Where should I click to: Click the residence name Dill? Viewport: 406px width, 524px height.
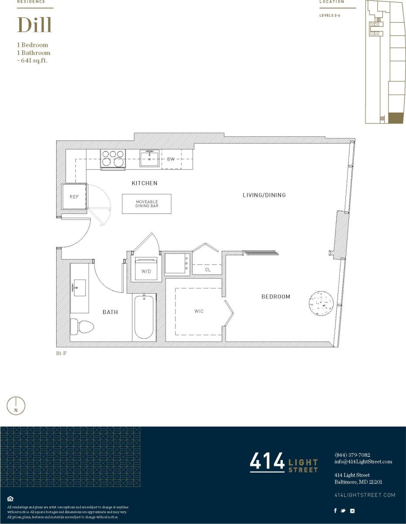tap(34, 25)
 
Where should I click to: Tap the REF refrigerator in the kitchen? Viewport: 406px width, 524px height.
tap(74, 197)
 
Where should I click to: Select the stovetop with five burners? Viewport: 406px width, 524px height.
tap(113, 158)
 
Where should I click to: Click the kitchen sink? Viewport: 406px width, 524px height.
tap(149, 158)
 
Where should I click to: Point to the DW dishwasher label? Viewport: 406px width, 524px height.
tap(171, 159)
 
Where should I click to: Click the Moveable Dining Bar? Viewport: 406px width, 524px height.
tap(146, 204)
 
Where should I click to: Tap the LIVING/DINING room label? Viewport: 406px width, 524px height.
tap(264, 195)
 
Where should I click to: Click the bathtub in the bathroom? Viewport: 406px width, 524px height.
tap(144, 317)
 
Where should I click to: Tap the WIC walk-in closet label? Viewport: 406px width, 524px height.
tap(199, 311)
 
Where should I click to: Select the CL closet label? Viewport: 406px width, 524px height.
tap(208, 270)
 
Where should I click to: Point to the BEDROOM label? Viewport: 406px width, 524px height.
tap(275, 297)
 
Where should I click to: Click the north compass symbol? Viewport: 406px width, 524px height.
tap(16, 406)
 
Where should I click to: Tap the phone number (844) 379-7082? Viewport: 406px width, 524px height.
tap(352, 455)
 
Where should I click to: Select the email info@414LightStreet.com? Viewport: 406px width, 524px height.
tap(363, 462)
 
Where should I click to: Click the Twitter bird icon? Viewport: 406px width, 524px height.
tap(343, 510)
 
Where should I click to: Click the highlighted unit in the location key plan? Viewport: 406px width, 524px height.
tap(396, 118)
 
